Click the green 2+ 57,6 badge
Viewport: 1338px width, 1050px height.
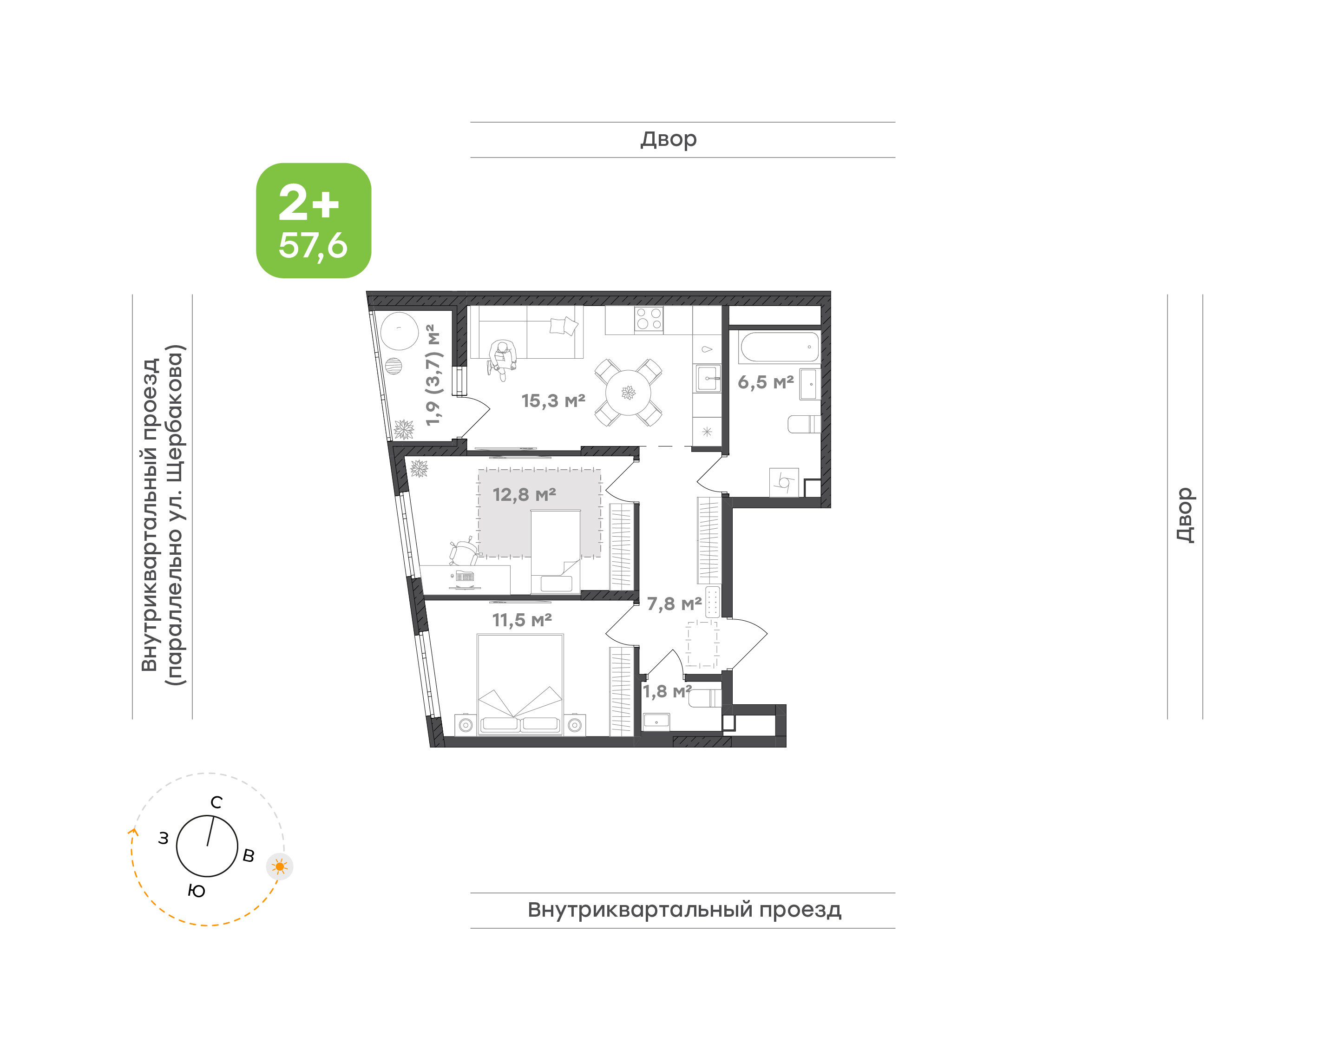click(314, 220)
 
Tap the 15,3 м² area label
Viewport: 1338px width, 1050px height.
click(553, 401)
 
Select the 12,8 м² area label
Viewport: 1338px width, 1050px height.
click(524, 494)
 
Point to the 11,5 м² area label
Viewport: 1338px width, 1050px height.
click(522, 620)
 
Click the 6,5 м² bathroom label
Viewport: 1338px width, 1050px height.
click(766, 382)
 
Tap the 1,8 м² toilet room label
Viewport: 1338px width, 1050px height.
click(667, 692)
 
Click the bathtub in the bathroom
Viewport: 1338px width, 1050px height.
click(779, 347)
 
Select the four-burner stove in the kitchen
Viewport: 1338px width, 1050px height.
click(649, 319)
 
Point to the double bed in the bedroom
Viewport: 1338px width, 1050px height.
click(520, 684)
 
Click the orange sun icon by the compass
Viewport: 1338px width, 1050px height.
click(280, 867)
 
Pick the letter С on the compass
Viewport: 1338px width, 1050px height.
click(216, 802)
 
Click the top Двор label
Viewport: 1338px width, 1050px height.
click(669, 139)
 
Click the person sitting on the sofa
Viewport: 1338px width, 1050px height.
click(502, 360)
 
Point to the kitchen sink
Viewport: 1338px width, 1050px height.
click(708, 378)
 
